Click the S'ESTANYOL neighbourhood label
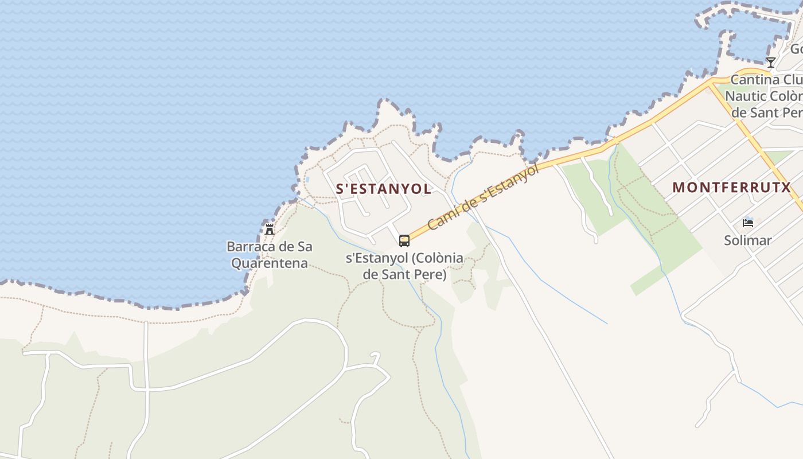[x=383, y=189]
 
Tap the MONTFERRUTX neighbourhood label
[x=731, y=187]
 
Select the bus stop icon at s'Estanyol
[x=404, y=240]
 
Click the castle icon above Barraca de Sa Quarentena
[x=269, y=229]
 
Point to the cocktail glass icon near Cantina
[x=771, y=62]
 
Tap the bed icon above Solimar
[x=747, y=223]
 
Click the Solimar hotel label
[x=747, y=240]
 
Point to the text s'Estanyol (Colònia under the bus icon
[x=404, y=258]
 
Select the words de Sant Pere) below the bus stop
[x=404, y=275]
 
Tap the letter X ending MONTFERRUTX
[x=785, y=187]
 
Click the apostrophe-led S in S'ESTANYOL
[x=340, y=189]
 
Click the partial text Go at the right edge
[x=796, y=48]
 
